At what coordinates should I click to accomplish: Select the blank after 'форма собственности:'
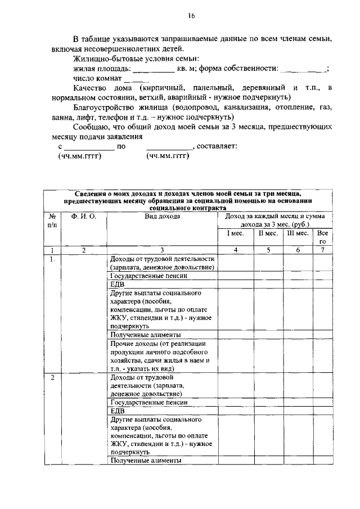click(303, 70)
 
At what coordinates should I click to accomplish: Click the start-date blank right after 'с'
click(88, 147)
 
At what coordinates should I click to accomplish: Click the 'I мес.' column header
click(235, 233)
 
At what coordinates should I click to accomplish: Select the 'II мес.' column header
click(268, 233)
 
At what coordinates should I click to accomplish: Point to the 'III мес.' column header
click(298, 233)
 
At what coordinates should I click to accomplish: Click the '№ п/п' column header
click(52, 220)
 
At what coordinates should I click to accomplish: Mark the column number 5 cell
click(268, 250)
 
